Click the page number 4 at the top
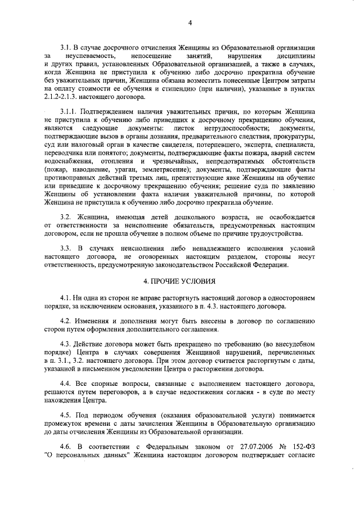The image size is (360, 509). tap(190, 22)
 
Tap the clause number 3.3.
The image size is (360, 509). tap(66, 247)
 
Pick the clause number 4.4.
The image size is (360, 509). tap(66, 382)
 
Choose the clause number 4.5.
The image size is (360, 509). tap(66, 414)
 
